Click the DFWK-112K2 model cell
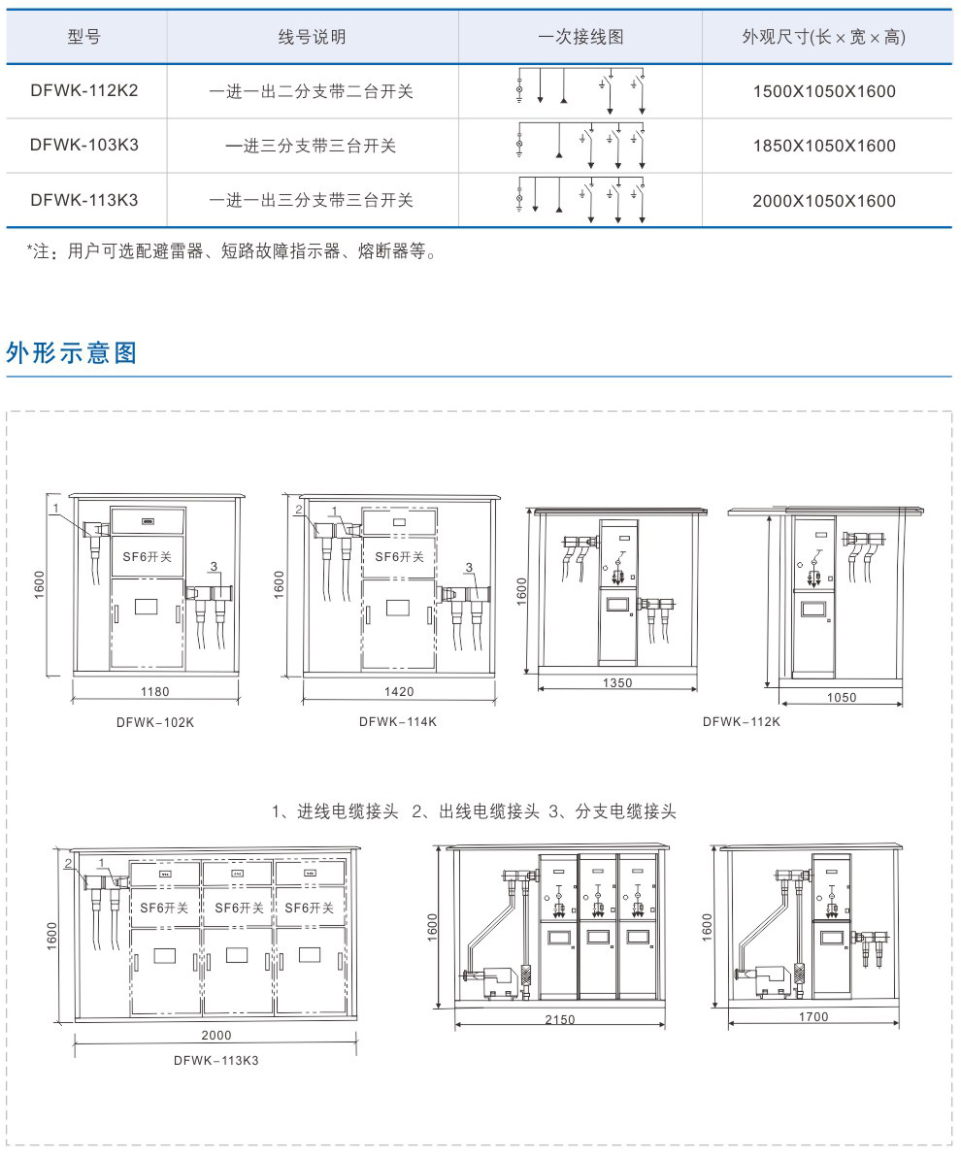click(x=84, y=91)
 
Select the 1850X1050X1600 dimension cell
click(x=824, y=146)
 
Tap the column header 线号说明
click(x=313, y=37)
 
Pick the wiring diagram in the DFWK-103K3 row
click(x=581, y=146)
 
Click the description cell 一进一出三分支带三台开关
click(x=311, y=200)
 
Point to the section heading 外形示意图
click(x=72, y=352)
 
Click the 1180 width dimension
click(x=155, y=691)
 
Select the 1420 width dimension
click(x=399, y=691)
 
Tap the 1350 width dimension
click(x=617, y=682)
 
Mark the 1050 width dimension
click(x=842, y=697)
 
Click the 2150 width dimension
click(x=559, y=1019)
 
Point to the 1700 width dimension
click(x=813, y=1017)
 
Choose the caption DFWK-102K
click(x=155, y=722)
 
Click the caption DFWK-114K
click(x=398, y=721)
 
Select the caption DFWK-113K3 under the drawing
click(x=216, y=1060)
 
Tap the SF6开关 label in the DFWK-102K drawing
click(x=147, y=557)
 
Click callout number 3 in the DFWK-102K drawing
click(x=215, y=567)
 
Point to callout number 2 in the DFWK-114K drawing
click(x=299, y=510)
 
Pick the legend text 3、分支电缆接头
click(x=613, y=811)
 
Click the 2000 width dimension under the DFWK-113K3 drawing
click(x=216, y=1036)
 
